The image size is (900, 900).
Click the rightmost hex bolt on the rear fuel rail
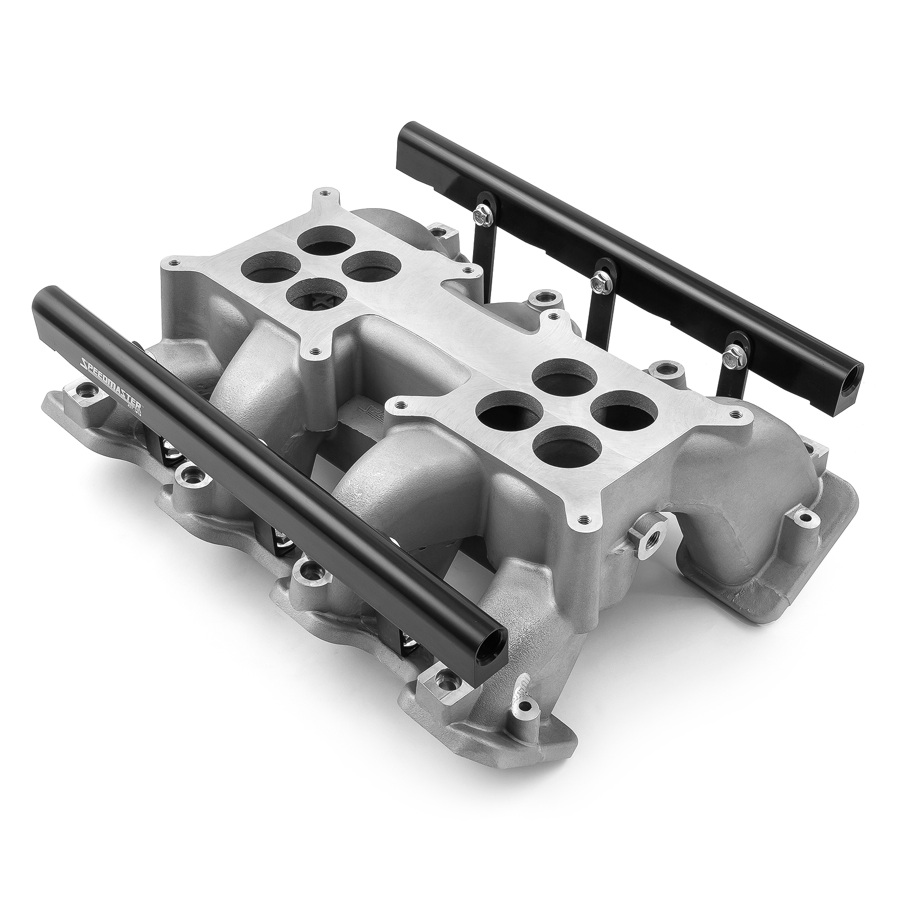[x=732, y=353]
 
